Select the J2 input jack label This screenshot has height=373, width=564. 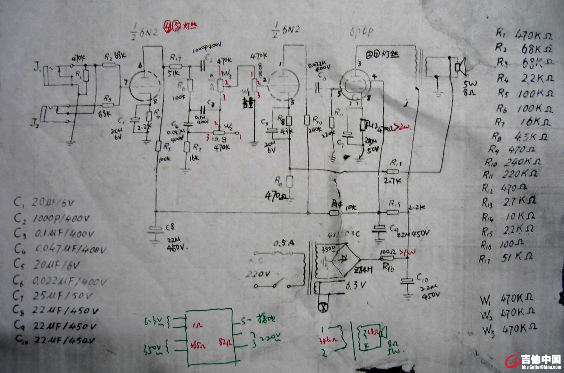[x=35, y=123]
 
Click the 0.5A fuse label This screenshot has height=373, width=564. [x=284, y=243]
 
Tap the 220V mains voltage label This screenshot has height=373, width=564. [x=258, y=274]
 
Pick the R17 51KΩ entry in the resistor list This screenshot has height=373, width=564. [x=506, y=258]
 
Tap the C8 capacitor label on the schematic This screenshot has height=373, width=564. [x=170, y=227]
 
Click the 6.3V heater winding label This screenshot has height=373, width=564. [x=355, y=285]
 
